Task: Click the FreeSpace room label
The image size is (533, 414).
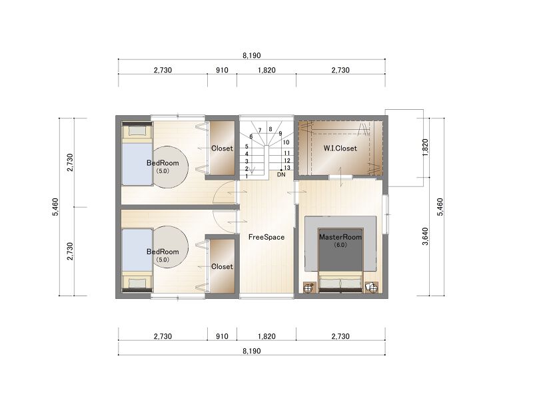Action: (x=266, y=237)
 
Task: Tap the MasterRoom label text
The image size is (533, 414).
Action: (x=340, y=237)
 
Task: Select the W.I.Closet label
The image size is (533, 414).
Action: (x=340, y=148)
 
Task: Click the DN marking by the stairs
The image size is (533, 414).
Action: (x=281, y=174)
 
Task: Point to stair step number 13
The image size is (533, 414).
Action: (x=287, y=168)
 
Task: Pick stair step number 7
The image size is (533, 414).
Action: (x=260, y=130)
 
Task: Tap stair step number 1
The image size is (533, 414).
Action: (x=247, y=176)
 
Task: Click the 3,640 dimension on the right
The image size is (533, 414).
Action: (x=425, y=236)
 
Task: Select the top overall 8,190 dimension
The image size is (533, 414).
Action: (x=252, y=55)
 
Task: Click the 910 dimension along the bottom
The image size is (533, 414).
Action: (x=222, y=336)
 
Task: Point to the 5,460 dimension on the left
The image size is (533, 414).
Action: (x=55, y=207)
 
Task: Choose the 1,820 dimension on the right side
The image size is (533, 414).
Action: (x=425, y=148)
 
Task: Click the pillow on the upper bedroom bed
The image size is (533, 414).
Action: (x=137, y=130)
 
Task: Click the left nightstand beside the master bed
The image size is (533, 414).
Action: (x=308, y=288)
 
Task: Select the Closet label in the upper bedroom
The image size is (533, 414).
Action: (x=222, y=148)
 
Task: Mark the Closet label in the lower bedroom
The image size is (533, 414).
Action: (x=222, y=267)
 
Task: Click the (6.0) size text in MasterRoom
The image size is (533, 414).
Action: (x=340, y=244)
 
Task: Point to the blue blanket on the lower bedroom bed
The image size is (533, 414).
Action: (x=137, y=250)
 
